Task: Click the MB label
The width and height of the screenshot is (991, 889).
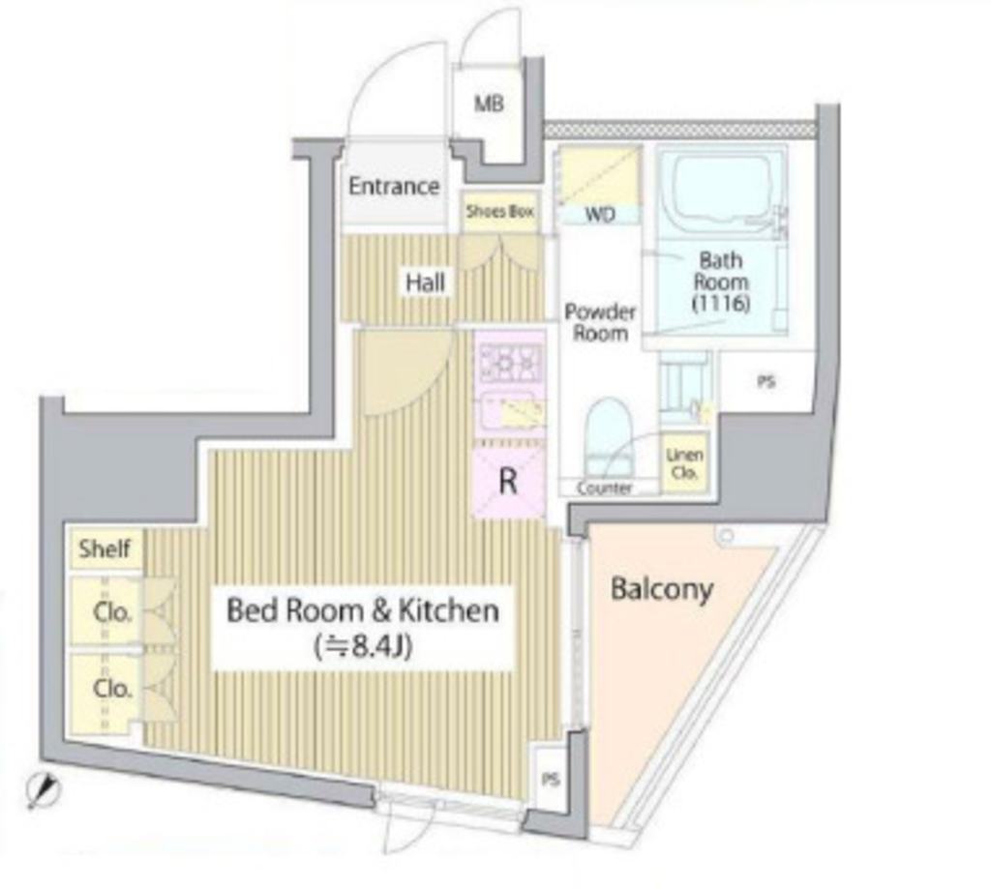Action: click(489, 104)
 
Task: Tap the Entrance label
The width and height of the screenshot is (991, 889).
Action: click(394, 186)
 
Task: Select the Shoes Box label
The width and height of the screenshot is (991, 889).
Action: click(500, 211)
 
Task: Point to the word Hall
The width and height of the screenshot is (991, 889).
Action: click(425, 282)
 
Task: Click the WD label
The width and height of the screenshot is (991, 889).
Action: click(600, 215)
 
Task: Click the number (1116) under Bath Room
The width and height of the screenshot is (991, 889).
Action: click(720, 304)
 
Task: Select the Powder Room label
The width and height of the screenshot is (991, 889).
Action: click(600, 322)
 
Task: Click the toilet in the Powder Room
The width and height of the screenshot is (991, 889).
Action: click(609, 437)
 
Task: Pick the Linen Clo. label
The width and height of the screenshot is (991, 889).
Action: click(684, 463)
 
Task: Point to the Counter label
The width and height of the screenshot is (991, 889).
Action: click(604, 488)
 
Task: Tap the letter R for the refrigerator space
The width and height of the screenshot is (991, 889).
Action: click(508, 482)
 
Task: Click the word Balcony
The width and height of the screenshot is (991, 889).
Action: click(662, 589)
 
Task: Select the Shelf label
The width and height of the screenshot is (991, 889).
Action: click(105, 548)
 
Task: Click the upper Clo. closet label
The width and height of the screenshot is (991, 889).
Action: click(112, 612)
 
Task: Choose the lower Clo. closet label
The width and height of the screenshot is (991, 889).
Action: click(112, 688)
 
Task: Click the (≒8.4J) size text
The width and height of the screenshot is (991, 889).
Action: click(363, 646)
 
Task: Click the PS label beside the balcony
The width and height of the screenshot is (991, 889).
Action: click(551, 781)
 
